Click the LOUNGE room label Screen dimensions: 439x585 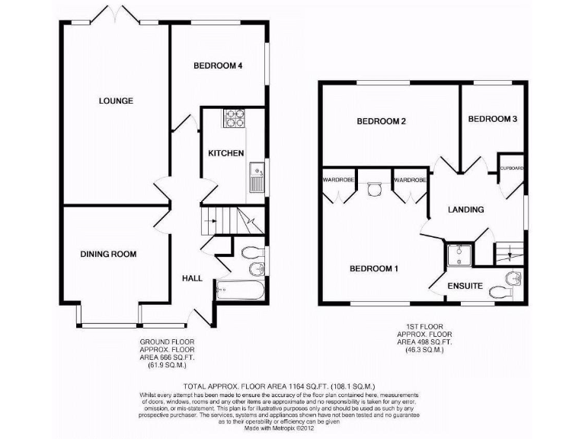(116, 101)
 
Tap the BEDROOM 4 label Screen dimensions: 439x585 (218, 66)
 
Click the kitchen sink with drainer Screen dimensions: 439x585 (256, 178)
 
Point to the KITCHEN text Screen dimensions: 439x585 (226, 153)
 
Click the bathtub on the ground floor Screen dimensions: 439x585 (239, 290)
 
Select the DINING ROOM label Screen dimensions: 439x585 (108, 254)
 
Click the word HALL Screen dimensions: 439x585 (192, 278)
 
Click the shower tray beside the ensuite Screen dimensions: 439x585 (459, 255)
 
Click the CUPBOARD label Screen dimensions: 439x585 (511, 167)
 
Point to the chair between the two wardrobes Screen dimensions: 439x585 (373, 188)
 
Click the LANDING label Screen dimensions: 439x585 (465, 209)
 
